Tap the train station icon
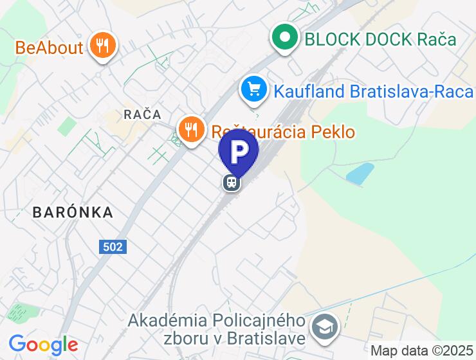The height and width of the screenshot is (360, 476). point(232,183)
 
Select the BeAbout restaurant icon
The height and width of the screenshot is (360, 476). point(102,46)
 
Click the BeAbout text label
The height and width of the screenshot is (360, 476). point(50,47)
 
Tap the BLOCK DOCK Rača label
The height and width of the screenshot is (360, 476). point(380,39)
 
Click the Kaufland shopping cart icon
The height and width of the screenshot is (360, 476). point(254,89)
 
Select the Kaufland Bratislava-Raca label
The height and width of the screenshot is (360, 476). point(374,91)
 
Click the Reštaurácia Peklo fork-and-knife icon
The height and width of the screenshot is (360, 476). point(191,130)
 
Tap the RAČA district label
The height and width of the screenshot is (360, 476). point(142,114)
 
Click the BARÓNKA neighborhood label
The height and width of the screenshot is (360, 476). point(73,212)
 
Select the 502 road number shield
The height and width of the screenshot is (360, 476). point(113,246)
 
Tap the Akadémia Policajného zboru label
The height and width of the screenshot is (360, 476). point(215,328)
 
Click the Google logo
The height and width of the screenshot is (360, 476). point(43,345)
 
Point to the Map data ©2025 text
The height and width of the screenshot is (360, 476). point(422,351)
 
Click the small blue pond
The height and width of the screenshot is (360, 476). point(360,173)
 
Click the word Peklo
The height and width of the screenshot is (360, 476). point(333,132)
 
